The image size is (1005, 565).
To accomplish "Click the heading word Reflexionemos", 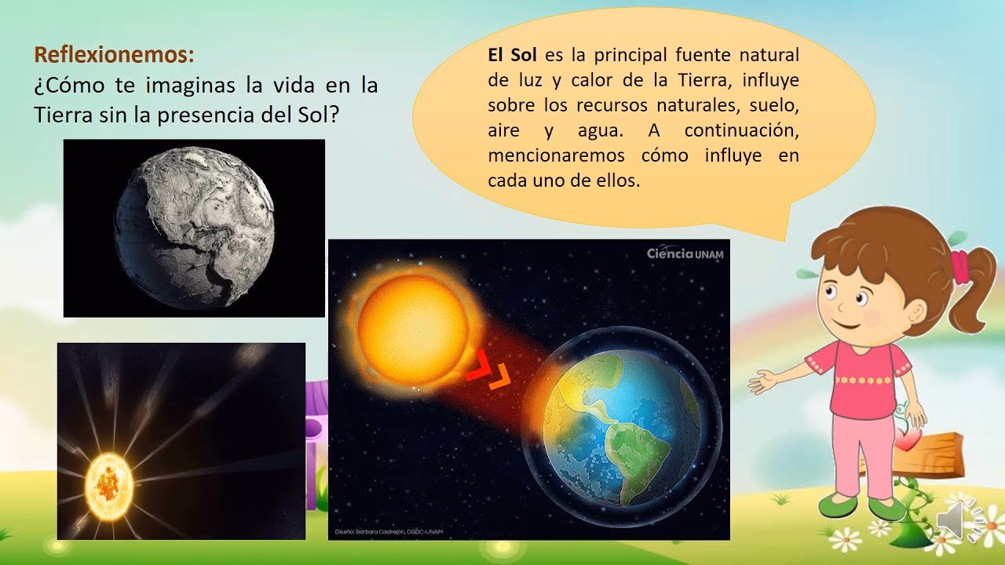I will [112, 55].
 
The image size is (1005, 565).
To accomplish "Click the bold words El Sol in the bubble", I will [512, 56].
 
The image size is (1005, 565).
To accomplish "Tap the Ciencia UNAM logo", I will [685, 253].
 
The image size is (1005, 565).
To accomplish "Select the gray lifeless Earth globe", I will [195, 228].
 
